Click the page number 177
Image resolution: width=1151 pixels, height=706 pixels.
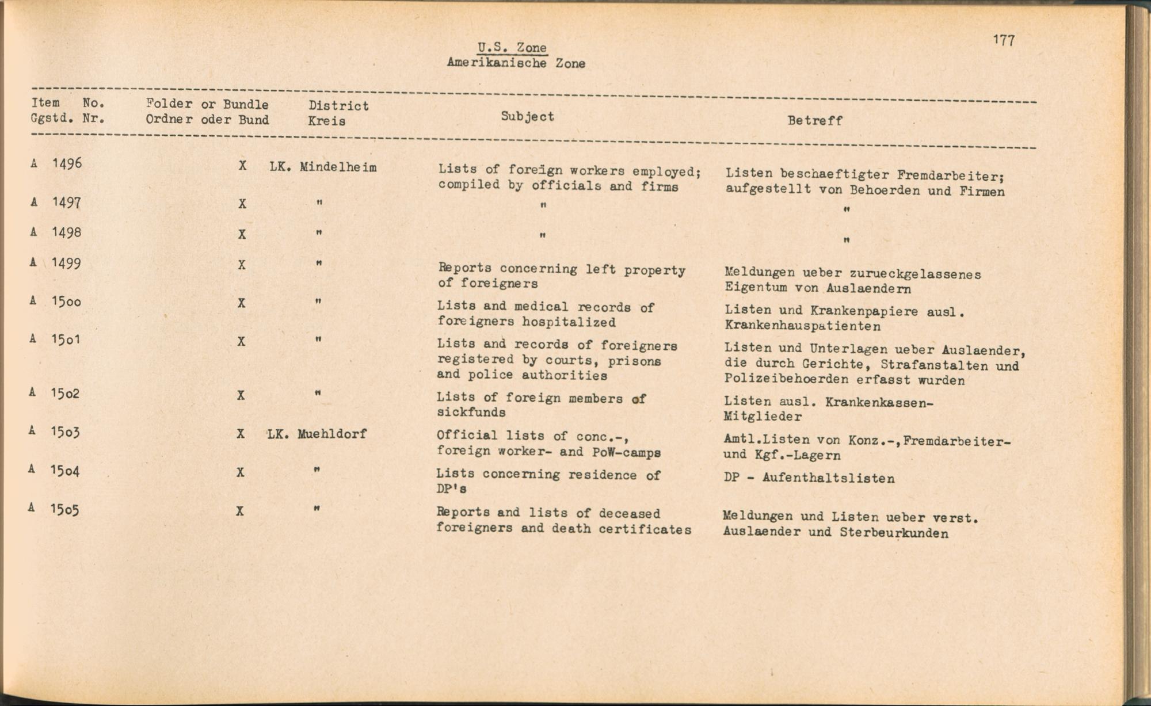[1004, 40]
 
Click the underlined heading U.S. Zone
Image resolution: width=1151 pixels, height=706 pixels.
[512, 48]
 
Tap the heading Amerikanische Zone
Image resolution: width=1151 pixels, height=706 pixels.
[516, 63]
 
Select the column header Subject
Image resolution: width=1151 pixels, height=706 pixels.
[527, 116]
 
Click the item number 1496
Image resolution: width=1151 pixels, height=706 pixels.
[67, 163]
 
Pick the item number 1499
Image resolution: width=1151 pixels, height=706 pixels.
[66, 263]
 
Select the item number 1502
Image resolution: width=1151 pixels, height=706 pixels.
[65, 394]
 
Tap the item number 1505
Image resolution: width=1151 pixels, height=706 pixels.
[64, 509]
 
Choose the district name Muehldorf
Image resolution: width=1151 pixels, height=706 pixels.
[331, 434]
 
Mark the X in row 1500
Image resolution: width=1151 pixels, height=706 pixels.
[242, 303]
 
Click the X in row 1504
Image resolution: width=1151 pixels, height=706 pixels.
[241, 472]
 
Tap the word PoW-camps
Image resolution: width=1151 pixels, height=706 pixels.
[626, 452]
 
